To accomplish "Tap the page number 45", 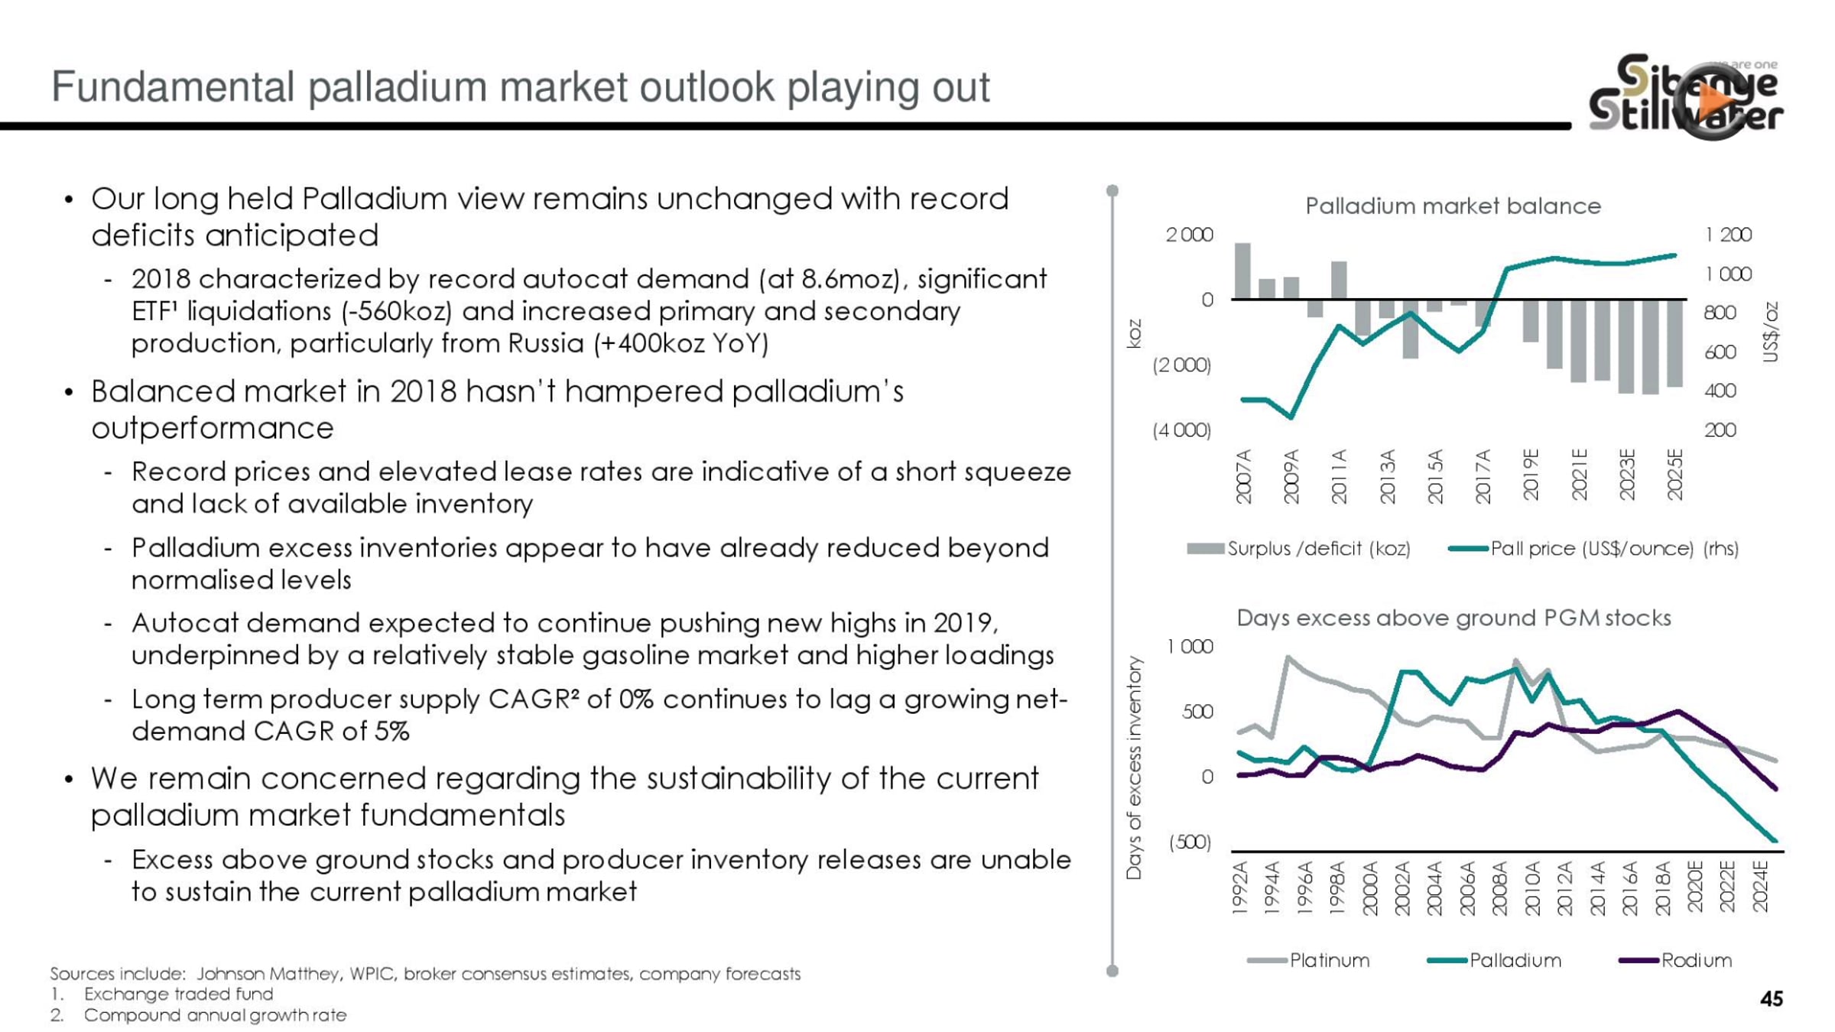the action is (x=1771, y=999).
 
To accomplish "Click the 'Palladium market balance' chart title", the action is (x=1453, y=206).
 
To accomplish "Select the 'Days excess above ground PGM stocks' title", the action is (x=1453, y=618).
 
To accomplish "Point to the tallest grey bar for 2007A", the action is (x=1243, y=271).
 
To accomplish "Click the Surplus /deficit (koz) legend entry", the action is (x=1298, y=548).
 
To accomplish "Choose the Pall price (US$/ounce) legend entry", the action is (x=1593, y=548).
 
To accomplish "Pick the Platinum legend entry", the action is (x=1308, y=960).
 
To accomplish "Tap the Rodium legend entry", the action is (x=1675, y=960).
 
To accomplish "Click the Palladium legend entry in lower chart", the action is (x=1494, y=960).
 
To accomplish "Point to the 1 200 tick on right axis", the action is (x=1728, y=235).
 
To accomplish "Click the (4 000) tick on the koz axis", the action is (x=1182, y=430).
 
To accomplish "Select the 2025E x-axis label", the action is (x=1675, y=475).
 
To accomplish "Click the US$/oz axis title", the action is (x=1771, y=332).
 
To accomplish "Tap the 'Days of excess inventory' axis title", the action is (x=1134, y=768).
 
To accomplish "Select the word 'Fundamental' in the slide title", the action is (x=173, y=86).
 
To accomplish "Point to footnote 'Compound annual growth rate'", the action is (x=215, y=1015).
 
